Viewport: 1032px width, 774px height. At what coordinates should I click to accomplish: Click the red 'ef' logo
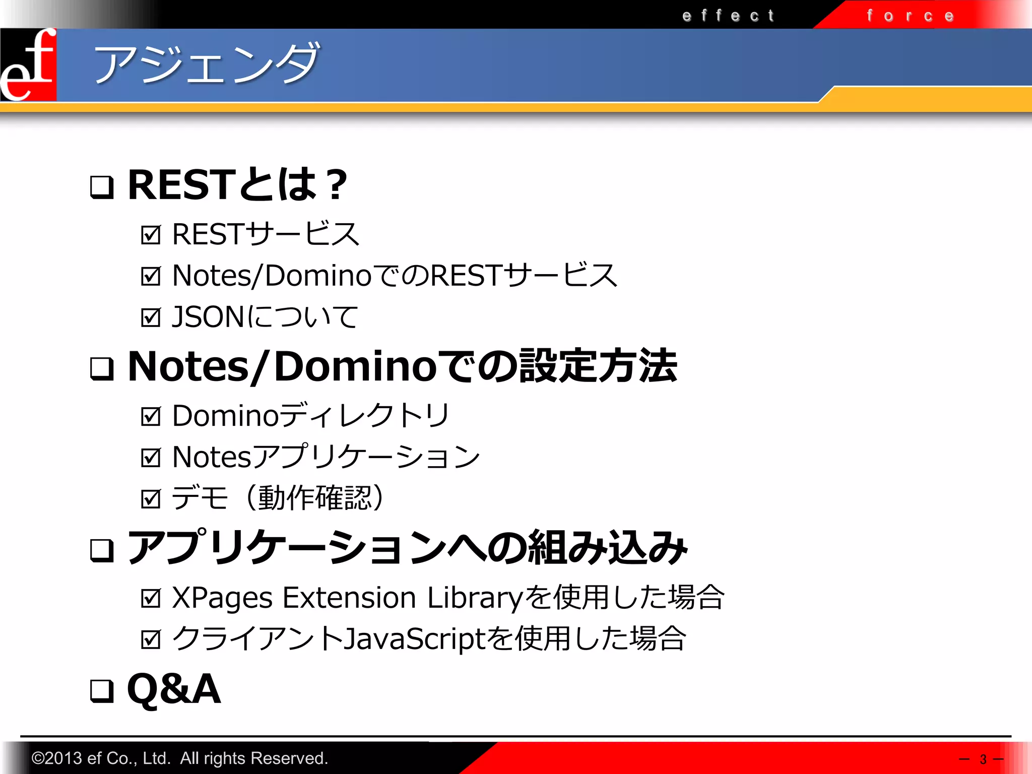tap(28, 64)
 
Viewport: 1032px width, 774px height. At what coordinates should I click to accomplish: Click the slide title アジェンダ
tap(207, 64)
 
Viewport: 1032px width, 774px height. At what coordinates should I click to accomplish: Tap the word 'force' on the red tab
tap(910, 16)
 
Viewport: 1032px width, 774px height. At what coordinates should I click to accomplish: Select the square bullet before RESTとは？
tap(101, 187)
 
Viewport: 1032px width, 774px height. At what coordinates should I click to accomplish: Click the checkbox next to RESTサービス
tap(151, 235)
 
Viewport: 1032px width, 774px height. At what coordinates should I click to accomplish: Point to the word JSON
tap(208, 317)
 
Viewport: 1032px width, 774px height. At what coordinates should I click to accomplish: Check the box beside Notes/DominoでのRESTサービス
tap(151, 276)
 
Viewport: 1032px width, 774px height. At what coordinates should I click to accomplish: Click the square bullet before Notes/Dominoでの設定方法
tap(101, 368)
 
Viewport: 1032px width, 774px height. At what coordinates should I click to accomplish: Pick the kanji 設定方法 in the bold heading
tap(598, 366)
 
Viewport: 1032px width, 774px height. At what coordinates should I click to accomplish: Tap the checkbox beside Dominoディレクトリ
tap(151, 416)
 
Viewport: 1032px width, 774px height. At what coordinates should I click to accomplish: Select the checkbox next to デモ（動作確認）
tap(151, 499)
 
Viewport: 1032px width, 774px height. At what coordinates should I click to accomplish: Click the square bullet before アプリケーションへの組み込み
tap(101, 550)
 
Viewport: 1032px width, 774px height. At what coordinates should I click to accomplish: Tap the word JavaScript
tap(414, 639)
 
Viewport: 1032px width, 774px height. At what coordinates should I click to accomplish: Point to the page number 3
tap(983, 759)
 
